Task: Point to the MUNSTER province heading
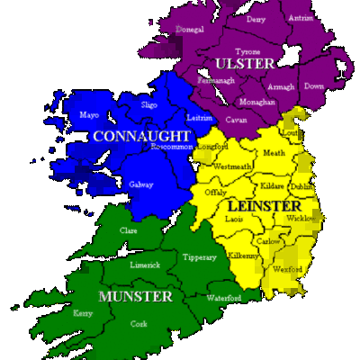click(137, 296)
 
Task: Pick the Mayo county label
click(89, 116)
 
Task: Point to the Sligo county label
click(150, 105)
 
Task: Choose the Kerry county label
click(84, 314)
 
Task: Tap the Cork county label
click(139, 323)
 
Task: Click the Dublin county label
click(301, 185)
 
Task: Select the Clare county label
click(129, 231)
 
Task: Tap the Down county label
click(313, 86)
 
